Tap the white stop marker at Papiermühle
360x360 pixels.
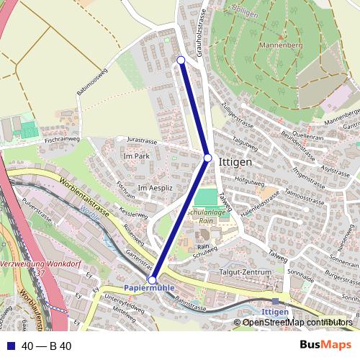click(152, 280)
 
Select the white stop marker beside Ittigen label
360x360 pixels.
click(207, 158)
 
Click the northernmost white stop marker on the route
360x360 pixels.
click(181, 60)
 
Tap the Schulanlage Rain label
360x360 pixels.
click(208, 218)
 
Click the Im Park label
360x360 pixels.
click(136, 156)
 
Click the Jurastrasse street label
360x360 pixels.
click(141, 139)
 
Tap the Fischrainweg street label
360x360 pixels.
click(61, 139)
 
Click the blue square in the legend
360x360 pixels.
click(10, 346)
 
